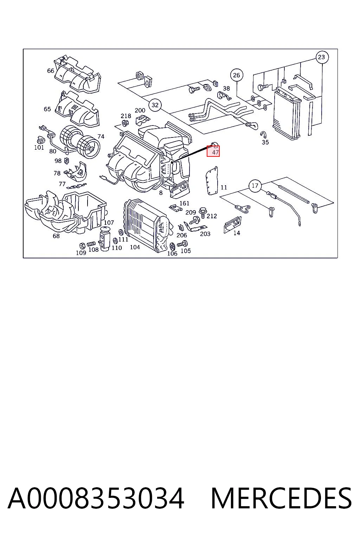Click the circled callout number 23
click(x=321, y=57)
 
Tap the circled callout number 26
click(x=237, y=75)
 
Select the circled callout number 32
click(x=155, y=105)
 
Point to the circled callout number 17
click(x=255, y=186)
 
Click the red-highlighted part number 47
click(x=215, y=152)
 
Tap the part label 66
click(x=51, y=71)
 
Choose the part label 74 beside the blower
click(x=101, y=137)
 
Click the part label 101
click(x=39, y=147)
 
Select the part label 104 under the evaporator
click(x=135, y=247)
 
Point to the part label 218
click(x=126, y=116)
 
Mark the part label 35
click(x=265, y=142)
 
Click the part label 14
click(x=237, y=233)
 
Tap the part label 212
click(x=212, y=216)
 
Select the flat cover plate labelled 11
click(x=212, y=180)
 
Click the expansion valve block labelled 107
click(x=105, y=239)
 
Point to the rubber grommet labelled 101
click(x=39, y=140)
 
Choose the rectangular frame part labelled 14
click(x=232, y=225)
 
